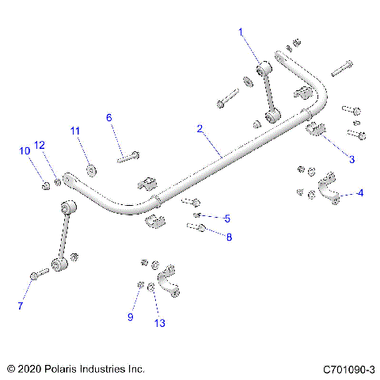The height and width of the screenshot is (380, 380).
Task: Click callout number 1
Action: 241,32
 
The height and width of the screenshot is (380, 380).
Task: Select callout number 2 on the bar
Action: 200,128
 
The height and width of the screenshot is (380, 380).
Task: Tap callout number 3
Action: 352,160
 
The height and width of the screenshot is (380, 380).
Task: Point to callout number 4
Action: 360,192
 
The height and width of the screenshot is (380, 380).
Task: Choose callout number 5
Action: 226,218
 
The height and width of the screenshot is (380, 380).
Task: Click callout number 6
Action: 109,118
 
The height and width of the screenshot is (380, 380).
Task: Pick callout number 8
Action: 229,237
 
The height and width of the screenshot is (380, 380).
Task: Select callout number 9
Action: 131,317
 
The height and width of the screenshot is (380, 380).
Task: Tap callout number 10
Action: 25,150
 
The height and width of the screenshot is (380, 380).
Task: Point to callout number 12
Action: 39,146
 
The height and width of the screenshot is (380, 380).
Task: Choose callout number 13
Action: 161,322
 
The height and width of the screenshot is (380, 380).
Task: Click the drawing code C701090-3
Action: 348,369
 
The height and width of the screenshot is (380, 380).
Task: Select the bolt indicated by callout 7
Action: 39,274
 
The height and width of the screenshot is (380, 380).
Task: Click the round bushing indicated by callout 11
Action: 89,169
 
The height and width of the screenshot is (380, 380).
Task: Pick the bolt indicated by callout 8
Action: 198,228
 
